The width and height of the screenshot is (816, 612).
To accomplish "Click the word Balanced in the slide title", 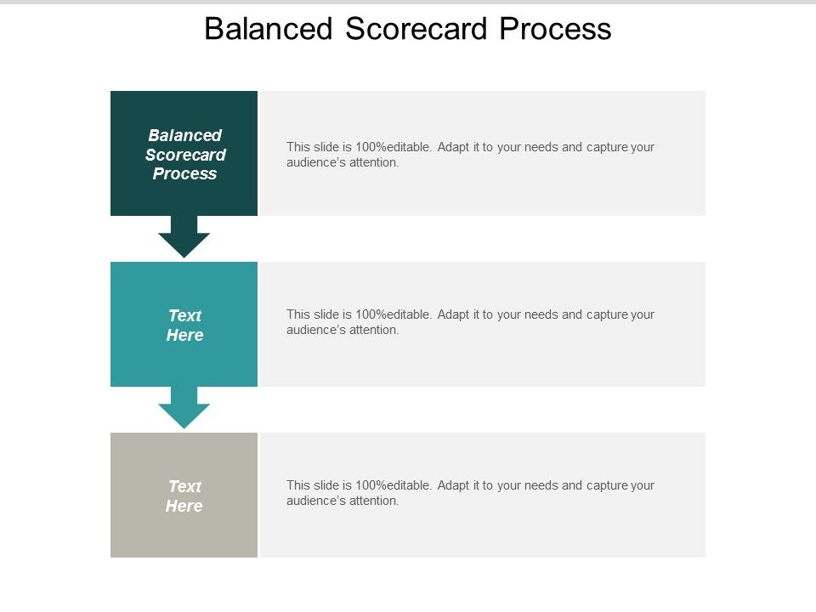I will point(269,29).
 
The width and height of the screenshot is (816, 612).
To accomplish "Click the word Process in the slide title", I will point(555,29).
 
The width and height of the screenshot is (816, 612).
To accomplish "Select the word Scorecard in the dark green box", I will point(185,155).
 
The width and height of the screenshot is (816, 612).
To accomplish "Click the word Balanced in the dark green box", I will point(184,135).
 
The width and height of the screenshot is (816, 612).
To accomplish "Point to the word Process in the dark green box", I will point(184,174).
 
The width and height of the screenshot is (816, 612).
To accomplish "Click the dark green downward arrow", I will point(184,237).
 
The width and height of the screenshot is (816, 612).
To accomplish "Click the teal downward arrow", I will point(184,408).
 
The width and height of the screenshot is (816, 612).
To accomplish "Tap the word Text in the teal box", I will point(184,315).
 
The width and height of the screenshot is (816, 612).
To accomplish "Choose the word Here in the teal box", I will point(184,336).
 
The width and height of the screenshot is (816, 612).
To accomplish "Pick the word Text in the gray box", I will point(184,486).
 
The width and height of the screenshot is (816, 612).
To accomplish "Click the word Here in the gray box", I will point(184,507).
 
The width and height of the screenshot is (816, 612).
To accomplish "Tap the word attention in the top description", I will point(375,162).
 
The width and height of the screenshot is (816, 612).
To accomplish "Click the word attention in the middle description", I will point(375,330).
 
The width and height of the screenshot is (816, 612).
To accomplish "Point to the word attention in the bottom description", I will point(375,501).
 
